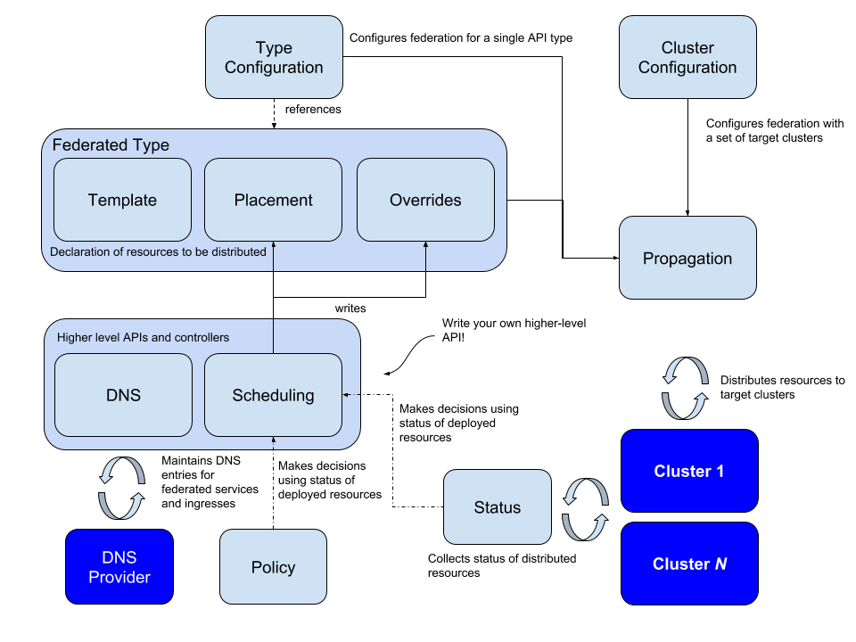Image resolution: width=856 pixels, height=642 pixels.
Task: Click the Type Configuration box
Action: (274, 57)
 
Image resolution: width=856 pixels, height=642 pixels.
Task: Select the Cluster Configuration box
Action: (687, 57)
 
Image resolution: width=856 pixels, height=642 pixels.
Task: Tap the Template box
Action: (122, 200)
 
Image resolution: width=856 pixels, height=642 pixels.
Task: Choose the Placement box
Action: (273, 200)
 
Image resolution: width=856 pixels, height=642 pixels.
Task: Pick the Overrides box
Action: (425, 200)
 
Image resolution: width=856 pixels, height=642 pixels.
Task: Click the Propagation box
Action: (687, 258)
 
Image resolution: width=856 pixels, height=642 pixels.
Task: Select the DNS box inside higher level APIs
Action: (123, 395)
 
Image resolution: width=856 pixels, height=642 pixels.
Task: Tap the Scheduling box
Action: (273, 395)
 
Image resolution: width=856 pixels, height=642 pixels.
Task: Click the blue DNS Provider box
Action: (119, 567)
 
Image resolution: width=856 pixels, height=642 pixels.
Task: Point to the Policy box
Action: (273, 567)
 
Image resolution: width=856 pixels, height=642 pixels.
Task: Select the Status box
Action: (497, 507)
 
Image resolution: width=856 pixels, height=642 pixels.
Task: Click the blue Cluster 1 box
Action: (689, 471)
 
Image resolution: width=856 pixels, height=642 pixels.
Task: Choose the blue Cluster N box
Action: (689, 564)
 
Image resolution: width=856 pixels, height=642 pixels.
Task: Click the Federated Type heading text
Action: (111, 144)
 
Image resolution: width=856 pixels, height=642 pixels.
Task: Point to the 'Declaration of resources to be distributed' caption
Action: (158, 251)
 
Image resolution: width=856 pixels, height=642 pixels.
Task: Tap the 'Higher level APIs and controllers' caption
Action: (143, 337)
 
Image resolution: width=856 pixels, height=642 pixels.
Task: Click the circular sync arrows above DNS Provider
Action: (121, 489)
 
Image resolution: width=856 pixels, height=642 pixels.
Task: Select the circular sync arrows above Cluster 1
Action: (685, 389)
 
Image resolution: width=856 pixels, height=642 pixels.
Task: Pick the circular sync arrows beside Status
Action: (585, 510)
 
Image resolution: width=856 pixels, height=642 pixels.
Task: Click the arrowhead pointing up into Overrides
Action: (425, 245)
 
